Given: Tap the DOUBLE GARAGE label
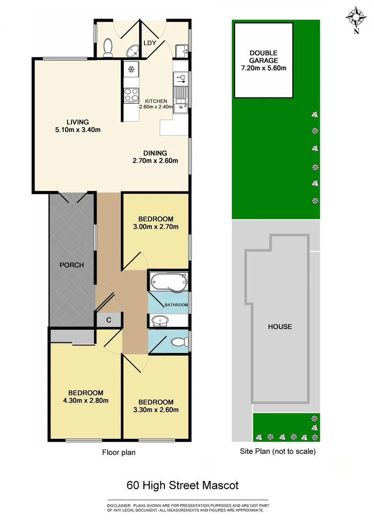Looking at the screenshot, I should click(263, 57).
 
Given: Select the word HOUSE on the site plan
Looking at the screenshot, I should click(280, 327).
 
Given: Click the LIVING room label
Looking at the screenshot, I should click(78, 122).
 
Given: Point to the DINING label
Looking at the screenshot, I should click(155, 153).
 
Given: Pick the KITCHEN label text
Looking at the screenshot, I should click(156, 101).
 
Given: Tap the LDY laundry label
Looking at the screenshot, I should click(150, 43).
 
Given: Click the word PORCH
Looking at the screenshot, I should click(71, 265).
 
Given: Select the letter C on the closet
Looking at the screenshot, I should click(109, 320).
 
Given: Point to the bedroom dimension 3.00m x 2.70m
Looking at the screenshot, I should click(156, 226).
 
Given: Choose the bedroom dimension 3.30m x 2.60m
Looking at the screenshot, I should click(156, 409).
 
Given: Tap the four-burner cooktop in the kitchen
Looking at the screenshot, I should click(131, 94).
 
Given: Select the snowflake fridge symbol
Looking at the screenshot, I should click(131, 70).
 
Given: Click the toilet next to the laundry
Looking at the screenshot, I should click(109, 48).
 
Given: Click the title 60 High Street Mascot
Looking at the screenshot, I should click(182, 485).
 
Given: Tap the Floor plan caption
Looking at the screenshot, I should click(118, 452).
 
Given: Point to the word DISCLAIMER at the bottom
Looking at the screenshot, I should click(119, 505).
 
